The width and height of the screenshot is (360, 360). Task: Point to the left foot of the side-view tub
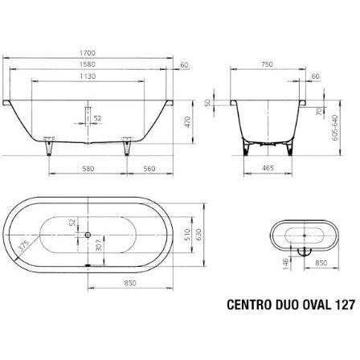click(51, 150)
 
